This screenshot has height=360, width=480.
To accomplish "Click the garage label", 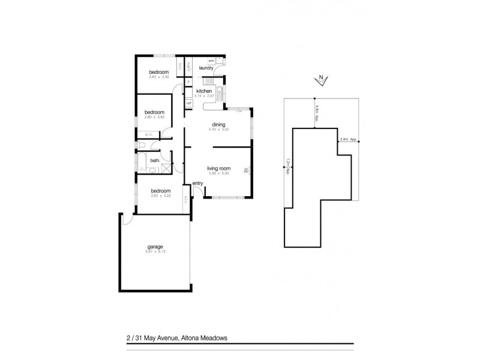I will click(155, 247).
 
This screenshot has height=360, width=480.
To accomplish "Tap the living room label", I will click(219, 169).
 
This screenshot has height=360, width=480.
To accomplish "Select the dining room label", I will click(218, 124).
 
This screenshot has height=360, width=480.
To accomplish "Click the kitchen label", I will click(204, 91).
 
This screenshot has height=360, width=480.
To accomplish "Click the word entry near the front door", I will click(197, 183).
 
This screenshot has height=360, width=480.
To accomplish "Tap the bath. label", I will click(155, 160).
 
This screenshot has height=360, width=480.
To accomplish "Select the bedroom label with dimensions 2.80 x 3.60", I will click(154, 112).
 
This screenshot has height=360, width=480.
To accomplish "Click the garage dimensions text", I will click(155, 251).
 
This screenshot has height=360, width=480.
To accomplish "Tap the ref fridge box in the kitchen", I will click(188, 103).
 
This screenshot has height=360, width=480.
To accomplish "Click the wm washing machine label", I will click(211, 61).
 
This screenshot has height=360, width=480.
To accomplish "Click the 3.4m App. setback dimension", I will click(348, 140).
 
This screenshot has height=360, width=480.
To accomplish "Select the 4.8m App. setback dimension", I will click(316, 112).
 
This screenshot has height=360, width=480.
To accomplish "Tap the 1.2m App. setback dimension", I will click(288, 166).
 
